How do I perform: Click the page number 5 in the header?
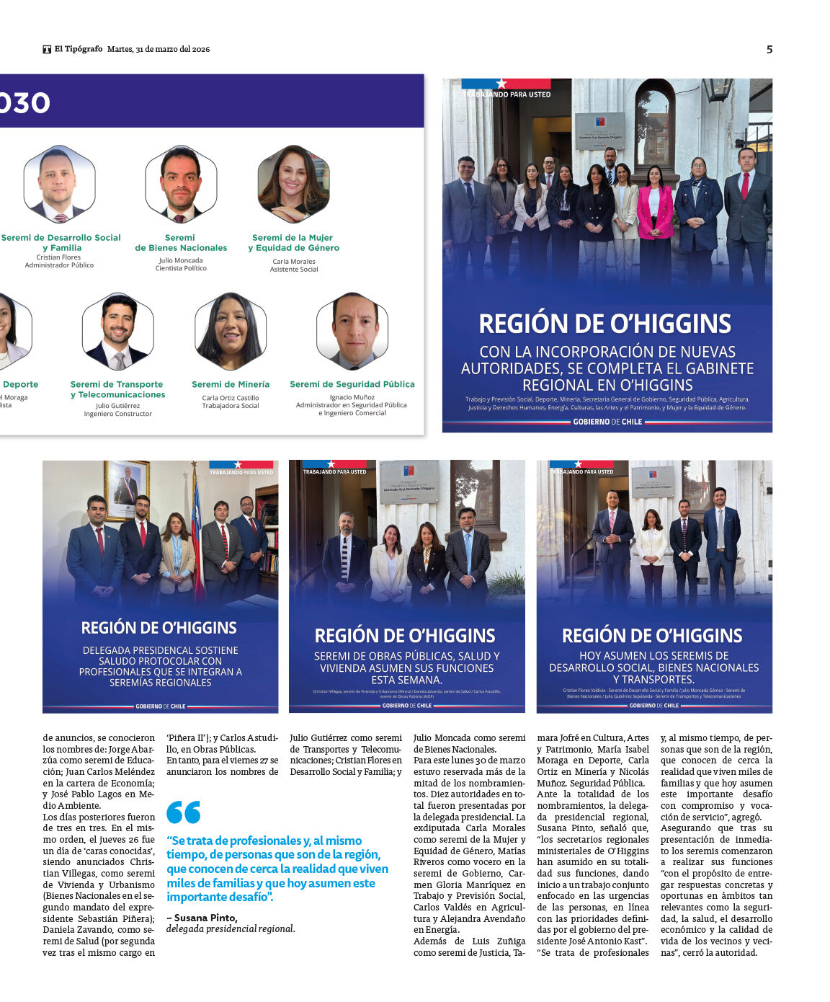(x=769, y=49)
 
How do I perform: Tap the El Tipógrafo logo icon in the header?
(x=47, y=49)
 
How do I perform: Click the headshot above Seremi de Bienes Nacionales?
(x=181, y=184)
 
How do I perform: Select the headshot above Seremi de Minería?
(x=231, y=331)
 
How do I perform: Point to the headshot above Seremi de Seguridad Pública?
(x=352, y=331)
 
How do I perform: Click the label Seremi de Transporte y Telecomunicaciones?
(x=117, y=389)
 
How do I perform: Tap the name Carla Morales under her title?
(x=294, y=262)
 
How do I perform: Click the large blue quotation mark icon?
(x=184, y=812)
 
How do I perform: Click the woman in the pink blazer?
(x=654, y=209)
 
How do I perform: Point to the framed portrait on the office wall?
(x=127, y=490)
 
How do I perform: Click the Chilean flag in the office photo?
(x=196, y=533)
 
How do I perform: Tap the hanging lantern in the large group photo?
(x=717, y=89)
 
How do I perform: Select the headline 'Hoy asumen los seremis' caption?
(x=653, y=667)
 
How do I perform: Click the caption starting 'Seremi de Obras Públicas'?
(x=406, y=668)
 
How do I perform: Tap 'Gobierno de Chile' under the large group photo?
(x=607, y=422)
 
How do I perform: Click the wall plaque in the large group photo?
(x=599, y=130)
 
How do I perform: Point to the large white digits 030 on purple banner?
(x=24, y=103)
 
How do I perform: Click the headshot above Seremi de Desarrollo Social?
(x=59, y=184)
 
